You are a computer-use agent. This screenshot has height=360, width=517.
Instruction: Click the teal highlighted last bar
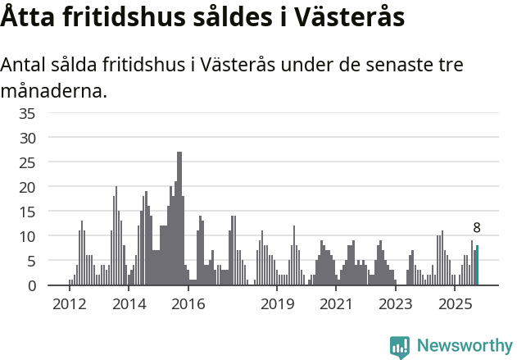[x=478, y=266]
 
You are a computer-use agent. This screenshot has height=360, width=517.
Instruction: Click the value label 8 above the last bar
[x=477, y=228]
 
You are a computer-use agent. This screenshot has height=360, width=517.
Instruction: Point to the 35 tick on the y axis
[x=27, y=113]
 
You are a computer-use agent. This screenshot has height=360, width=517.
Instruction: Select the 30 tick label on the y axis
[x=27, y=138]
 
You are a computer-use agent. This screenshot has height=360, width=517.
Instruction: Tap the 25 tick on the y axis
[x=27, y=162]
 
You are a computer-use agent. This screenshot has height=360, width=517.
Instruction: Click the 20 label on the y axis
[x=27, y=187]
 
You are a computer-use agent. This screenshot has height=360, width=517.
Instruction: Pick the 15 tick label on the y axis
[x=27, y=212]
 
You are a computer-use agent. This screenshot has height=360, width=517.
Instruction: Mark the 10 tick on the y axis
[x=27, y=236]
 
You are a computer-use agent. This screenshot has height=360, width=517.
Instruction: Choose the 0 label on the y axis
[x=31, y=285]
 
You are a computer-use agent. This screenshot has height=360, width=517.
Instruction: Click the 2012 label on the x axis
[x=70, y=304]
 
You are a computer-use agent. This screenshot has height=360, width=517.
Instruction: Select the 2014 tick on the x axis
[x=129, y=304]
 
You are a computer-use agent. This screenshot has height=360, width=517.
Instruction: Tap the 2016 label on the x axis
[x=188, y=304]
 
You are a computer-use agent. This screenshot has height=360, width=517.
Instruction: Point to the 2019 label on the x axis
[x=278, y=304]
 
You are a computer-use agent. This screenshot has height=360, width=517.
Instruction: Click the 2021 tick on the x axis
[x=337, y=304]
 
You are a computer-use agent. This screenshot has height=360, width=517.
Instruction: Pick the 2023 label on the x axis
[x=396, y=304]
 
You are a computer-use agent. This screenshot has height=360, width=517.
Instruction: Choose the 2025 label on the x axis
[x=456, y=304]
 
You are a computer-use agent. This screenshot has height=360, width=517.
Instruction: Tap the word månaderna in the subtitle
[x=54, y=90]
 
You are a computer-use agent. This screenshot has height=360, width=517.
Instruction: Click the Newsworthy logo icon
[x=400, y=346]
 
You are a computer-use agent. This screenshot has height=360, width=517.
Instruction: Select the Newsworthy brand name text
[x=464, y=346]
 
